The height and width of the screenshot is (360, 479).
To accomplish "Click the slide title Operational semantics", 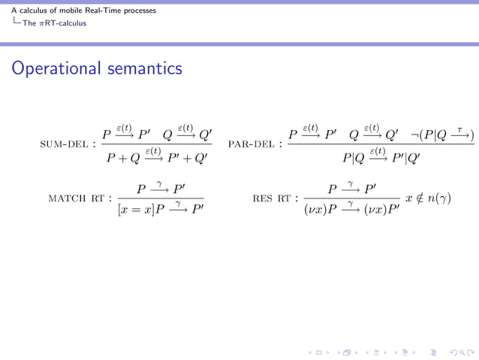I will click(97, 68).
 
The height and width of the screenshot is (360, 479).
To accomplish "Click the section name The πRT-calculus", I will click(54, 23).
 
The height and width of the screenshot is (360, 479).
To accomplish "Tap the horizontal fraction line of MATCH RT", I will click(161, 198).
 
